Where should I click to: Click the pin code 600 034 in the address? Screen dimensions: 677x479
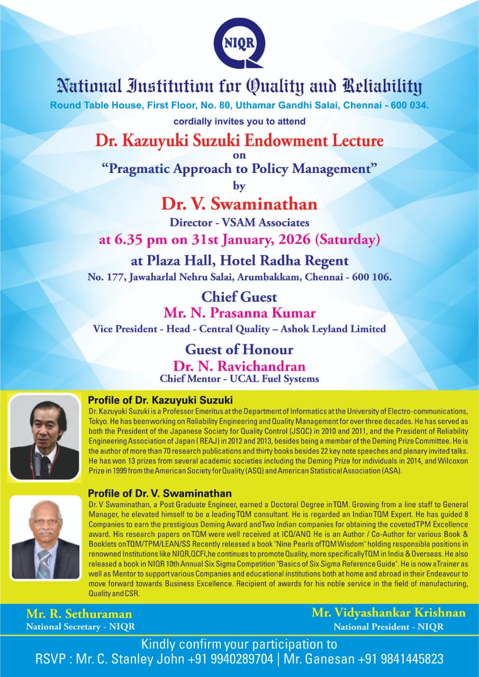point(408,105)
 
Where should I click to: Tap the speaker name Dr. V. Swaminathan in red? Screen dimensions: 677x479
point(239,204)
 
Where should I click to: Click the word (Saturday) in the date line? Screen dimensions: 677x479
point(347,240)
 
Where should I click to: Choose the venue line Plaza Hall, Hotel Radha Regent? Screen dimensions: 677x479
point(239,261)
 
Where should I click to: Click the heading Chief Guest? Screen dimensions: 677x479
point(239,296)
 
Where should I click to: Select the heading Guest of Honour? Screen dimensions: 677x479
point(239,350)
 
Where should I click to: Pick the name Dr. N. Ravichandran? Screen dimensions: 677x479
point(239,366)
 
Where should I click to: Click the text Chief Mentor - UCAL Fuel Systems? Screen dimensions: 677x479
point(239,379)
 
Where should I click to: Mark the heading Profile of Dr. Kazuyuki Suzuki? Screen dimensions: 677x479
point(160,400)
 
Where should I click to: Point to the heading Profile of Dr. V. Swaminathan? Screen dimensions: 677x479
point(159,493)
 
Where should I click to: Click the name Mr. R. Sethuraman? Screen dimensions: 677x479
point(79,614)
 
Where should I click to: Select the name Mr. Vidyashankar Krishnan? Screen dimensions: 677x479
point(388,612)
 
